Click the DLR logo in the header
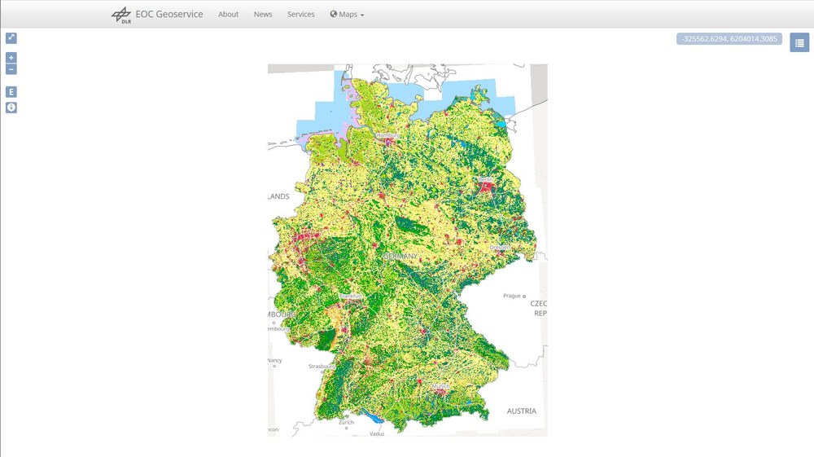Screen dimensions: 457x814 [x=120, y=15]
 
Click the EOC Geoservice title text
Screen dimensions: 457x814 [x=168, y=14]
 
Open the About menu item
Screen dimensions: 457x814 [x=229, y=15]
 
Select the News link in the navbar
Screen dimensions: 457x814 [x=263, y=15]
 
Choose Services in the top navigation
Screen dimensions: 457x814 [x=300, y=15]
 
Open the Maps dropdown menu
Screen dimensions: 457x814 [x=348, y=15]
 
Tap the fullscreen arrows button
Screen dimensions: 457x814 [x=11, y=37]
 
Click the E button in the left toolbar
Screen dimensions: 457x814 [x=11, y=92]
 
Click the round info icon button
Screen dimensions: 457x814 [x=11, y=108]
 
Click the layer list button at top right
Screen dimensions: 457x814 [x=799, y=42]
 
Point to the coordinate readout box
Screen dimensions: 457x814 [x=729, y=38]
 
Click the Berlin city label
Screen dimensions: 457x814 [x=487, y=178]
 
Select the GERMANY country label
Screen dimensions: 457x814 [x=400, y=256]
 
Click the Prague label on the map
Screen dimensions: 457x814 [x=512, y=296]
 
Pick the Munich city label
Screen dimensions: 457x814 [x=440, y=385]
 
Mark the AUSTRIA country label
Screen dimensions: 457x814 [x=522, y=411]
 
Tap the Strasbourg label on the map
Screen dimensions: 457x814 [x=322, y=367]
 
